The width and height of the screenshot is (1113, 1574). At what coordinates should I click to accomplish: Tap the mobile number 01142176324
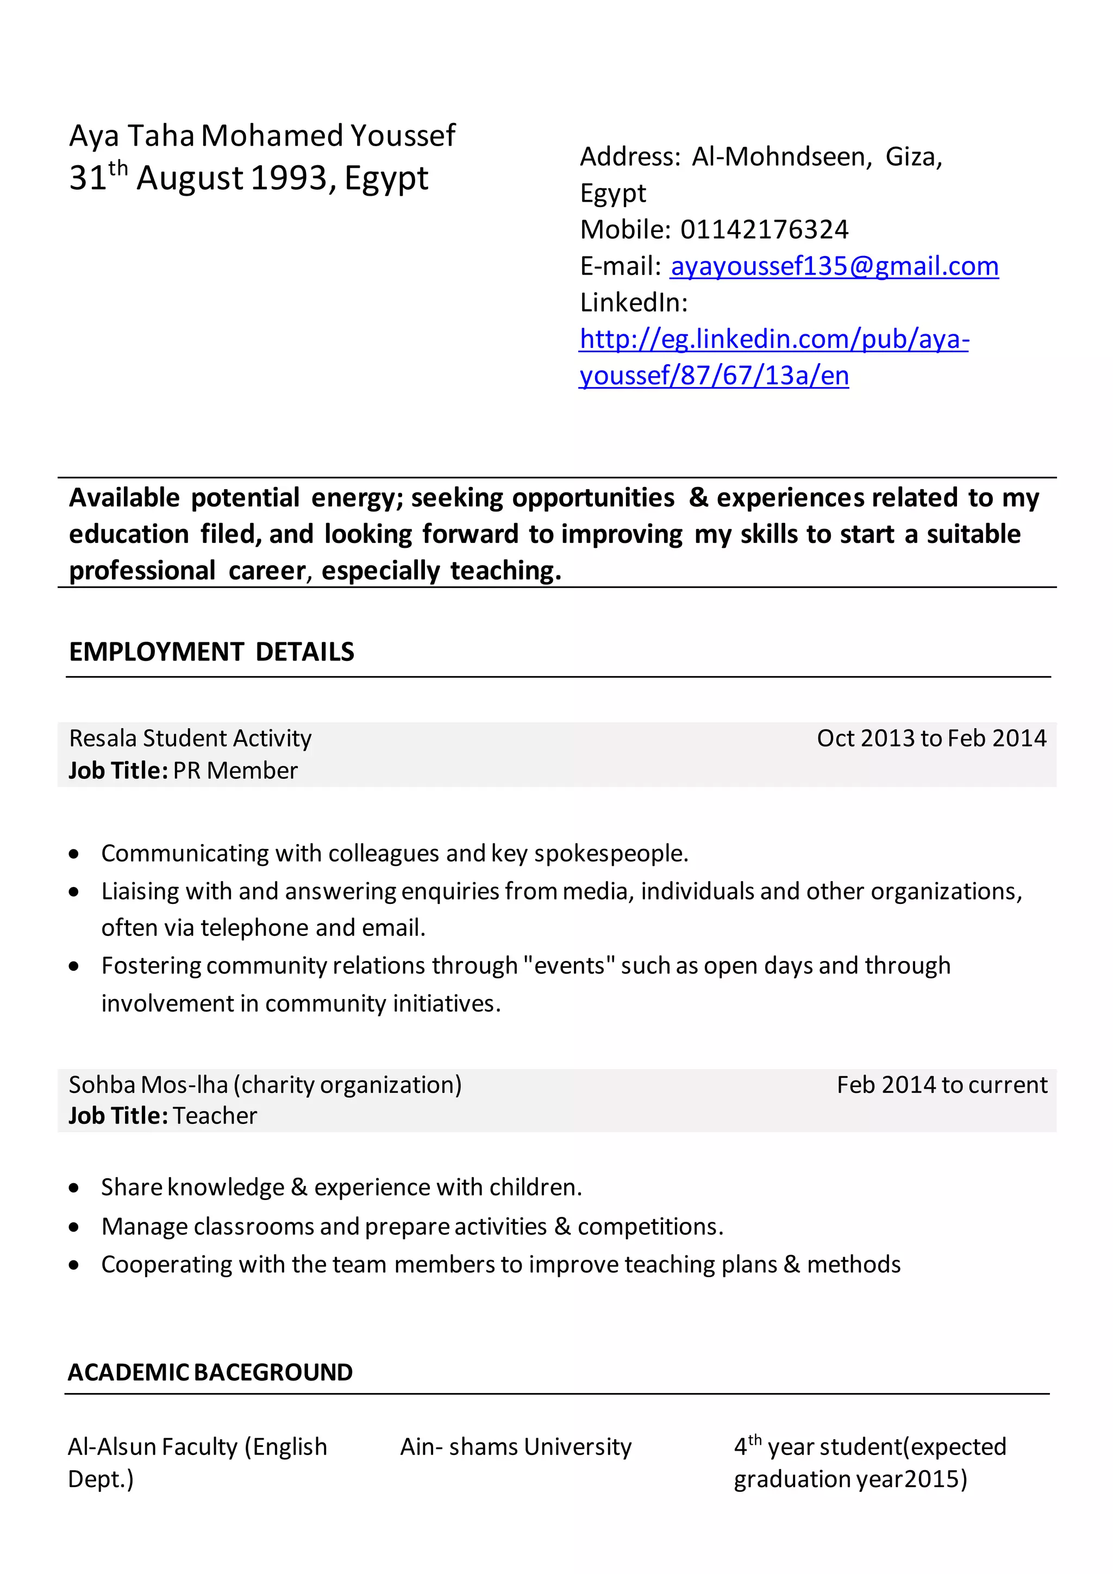pos(764,230)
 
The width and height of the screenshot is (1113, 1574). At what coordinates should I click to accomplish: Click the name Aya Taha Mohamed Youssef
pos(262,136)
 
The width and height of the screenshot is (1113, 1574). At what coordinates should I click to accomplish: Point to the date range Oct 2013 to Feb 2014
pos(931,738)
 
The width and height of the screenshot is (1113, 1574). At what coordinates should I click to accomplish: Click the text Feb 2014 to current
pos(942,1085)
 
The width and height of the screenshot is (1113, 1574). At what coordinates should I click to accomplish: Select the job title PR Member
pos(235,771)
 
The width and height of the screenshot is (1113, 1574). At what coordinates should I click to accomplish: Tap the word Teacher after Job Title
pos(215,1116)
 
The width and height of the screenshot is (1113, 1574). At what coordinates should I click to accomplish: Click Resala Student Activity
pos(191,738)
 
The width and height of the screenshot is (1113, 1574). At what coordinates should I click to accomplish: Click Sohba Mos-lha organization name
pos(265,1085)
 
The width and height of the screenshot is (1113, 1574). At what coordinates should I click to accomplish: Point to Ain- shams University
pos(515,1447)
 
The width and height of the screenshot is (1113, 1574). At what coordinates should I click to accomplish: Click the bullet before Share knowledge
pos(74,1188)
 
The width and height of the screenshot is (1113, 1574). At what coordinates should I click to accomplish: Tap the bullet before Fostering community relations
pos(74,966)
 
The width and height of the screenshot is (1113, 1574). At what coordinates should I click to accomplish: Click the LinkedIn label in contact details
pos(633,302)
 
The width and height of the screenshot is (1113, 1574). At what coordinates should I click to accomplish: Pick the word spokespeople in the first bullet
pos(611,853)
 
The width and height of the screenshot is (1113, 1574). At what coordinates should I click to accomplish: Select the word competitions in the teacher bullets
pos(650,1227)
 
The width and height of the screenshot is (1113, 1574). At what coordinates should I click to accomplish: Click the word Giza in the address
pos(913,157)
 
